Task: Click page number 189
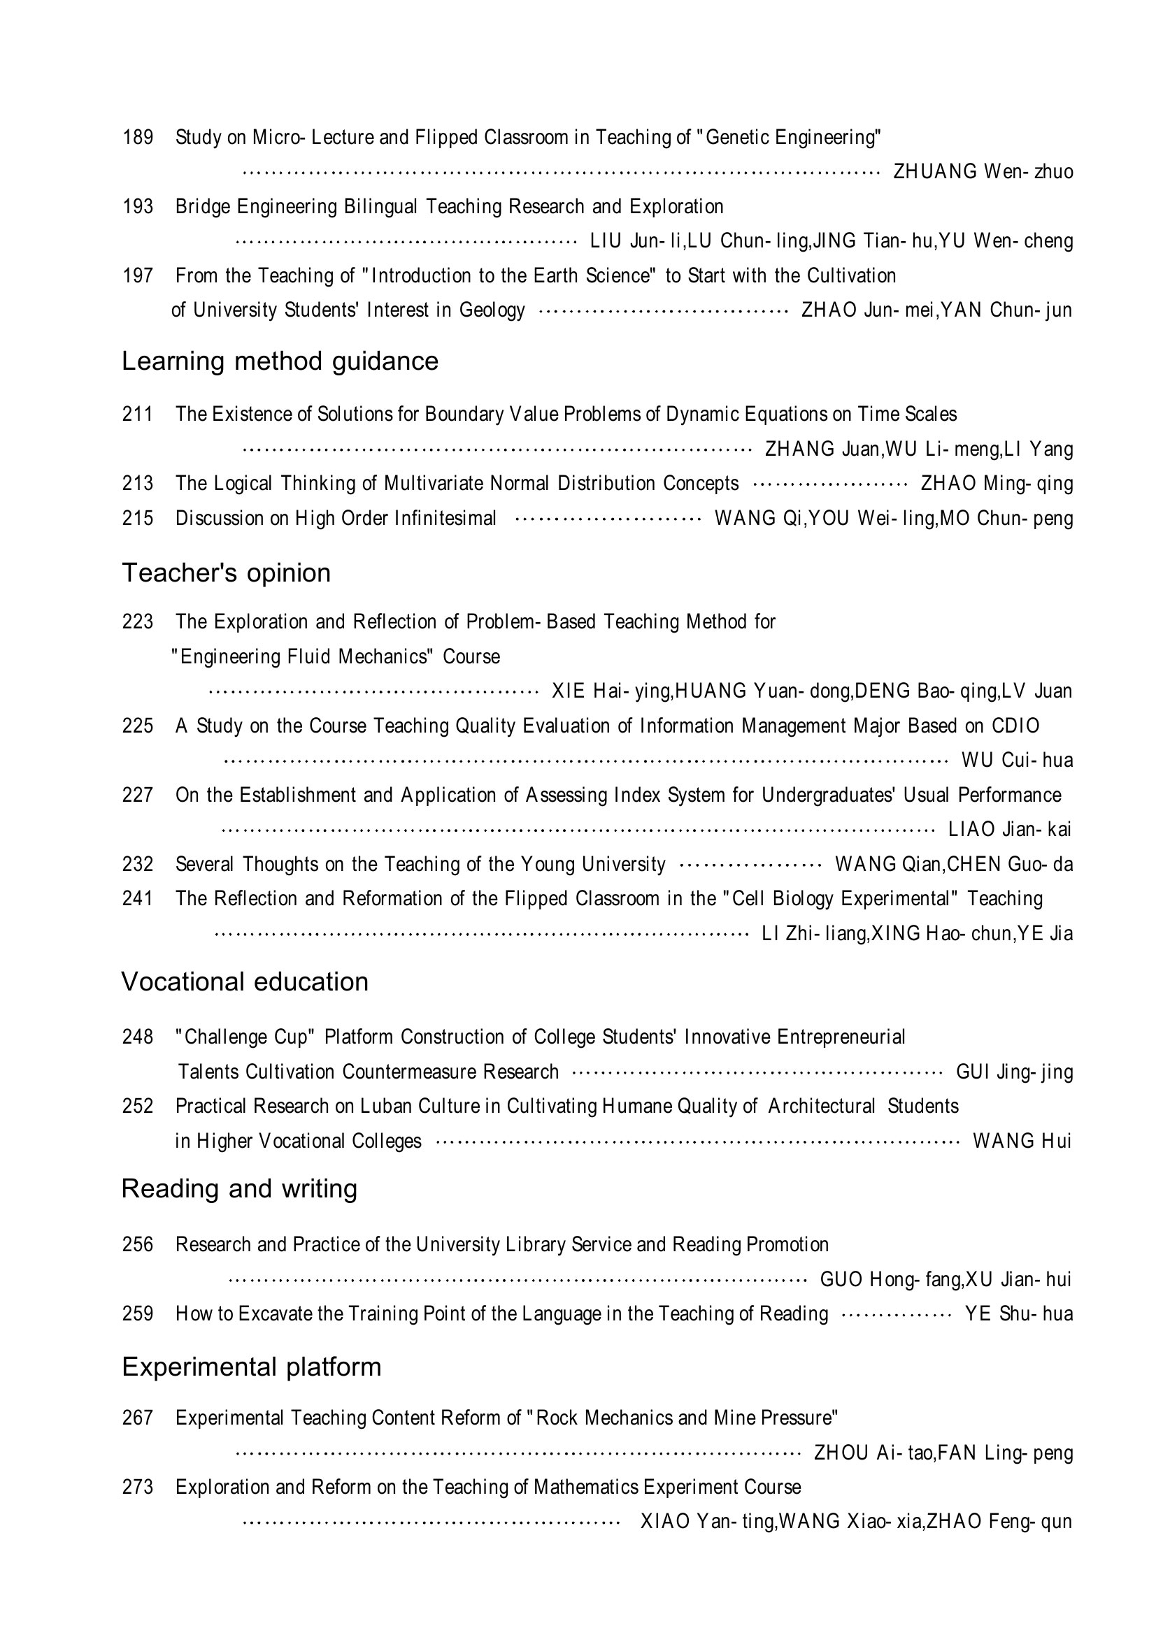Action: point(138,137)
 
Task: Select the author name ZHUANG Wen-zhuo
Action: point(983,172)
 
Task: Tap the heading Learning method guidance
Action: point(280,361)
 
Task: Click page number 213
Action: point(138,484)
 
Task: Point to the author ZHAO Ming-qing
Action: point(997,484)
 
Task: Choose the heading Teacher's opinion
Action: point(226,572)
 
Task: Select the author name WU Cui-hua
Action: point(1016,761)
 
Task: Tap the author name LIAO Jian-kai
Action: point(1009,830)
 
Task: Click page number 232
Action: point(138,865)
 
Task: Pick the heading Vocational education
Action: point(244,981)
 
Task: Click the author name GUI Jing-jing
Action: point(1013,1072)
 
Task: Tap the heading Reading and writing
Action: point(238,1188)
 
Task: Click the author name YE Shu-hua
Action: point(1018,1314)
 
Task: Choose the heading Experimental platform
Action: point(252,1367)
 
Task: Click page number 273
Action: point(138,1487)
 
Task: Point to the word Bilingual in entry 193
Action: point(382,206)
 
